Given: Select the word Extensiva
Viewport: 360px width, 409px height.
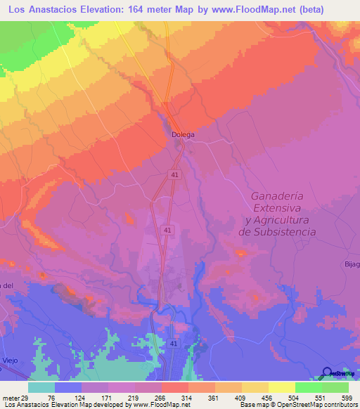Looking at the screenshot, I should [x=278, y=209].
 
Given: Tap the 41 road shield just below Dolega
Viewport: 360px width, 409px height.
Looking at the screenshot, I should [x=173, y=173].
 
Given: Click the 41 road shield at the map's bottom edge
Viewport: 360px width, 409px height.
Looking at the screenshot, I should [x=173, y=343].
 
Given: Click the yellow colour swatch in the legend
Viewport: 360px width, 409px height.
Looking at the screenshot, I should [x=255, y=387].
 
